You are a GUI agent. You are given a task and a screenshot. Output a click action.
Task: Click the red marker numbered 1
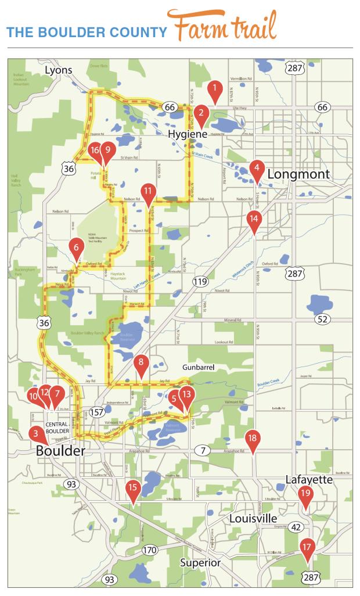pyautogui.click(x=215, y=89)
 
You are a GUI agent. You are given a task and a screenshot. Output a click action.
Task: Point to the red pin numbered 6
pyautogui.click(x=76, y=247)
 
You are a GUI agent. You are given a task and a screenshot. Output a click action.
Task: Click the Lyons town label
pyautogui.click(x=59, y=70)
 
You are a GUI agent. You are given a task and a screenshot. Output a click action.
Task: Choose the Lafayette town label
pyautogui.click(x=308, y=479)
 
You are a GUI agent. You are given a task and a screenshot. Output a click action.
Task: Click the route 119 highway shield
pyautogui.click(x=200, y=282)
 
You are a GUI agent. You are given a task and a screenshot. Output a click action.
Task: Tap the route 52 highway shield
pyautogui.click(x=323, y=319)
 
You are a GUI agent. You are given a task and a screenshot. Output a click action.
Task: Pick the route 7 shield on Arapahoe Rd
pyautogui.click(x=203, y=450)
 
